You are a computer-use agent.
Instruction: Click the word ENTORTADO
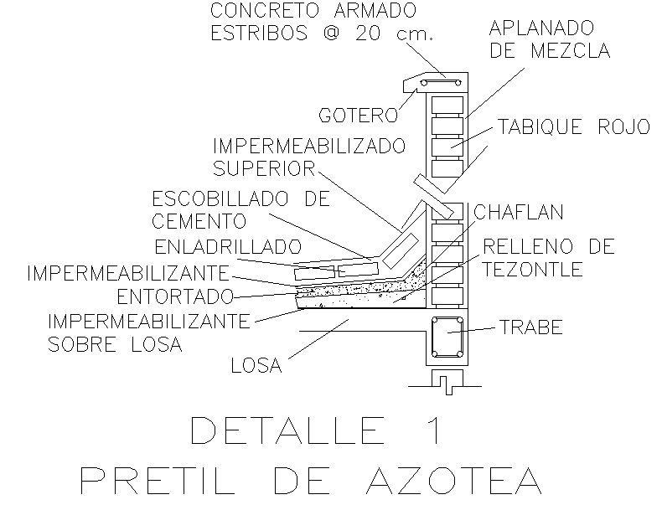tap(173, 296)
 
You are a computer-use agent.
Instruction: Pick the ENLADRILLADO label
tap(228, 247)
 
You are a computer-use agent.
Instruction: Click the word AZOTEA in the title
tap(453, 480)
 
